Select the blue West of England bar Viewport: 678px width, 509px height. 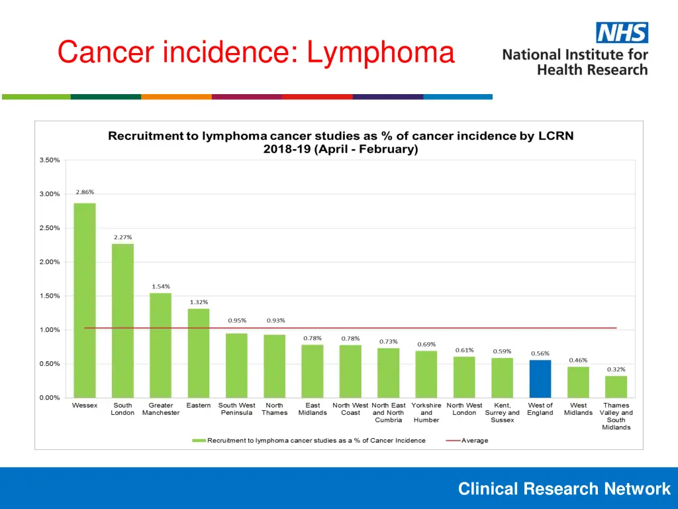(540, 378)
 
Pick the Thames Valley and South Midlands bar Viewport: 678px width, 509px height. (616, 386)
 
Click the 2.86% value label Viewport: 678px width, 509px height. (85, 192)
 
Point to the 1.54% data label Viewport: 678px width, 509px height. (161, 286)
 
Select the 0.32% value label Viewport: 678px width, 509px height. (616, 369)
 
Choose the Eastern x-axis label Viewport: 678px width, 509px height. (199, 406)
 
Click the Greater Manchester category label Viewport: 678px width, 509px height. (161, 409)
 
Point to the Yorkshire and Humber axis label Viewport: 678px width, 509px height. (426, 412)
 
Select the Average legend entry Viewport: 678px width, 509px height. (474, 440)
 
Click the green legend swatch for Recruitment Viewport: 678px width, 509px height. (199, 440)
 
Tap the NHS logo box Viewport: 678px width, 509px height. (622, 32)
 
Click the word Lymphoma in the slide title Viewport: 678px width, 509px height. (381, 52)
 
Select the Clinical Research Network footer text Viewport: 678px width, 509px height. (564, 489)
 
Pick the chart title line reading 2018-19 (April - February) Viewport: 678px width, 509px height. (340, 149)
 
